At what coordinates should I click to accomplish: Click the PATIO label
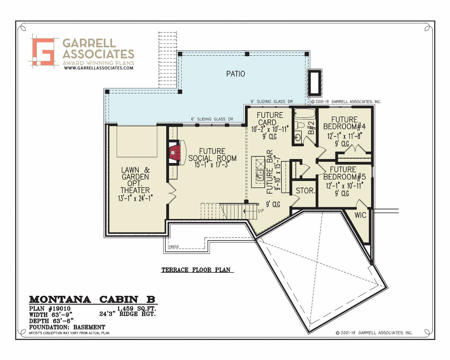pyautogui.click(x=235, y=74)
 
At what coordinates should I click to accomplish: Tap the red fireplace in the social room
pyautogui.click(x=175, y=153)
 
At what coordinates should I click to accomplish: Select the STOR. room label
pyautogui.click(x=305, y=191)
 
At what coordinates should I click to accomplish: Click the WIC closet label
pyautogui.click(x=360, y=215)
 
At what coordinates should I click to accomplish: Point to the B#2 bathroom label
pyautogui.click(x=311, y=127)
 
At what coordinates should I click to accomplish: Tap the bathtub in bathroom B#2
pyautogui.click(x=305, y=114)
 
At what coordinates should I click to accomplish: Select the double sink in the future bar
pyautogui.click(x=259, y=175)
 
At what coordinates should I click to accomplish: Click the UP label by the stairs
pyautogui.click(x=261, y=211)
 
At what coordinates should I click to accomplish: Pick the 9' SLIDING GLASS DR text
pyautogui.click(x=272, y=102)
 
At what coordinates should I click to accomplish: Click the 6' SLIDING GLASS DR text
pyautogui.click(x=212, y=119)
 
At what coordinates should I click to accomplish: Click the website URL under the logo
pyautogui.click(x=99, y=68)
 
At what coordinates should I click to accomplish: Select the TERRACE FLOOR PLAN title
pyautogui.click(x=196, y=270)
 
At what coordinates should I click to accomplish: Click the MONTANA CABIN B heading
pyautogui.click(x=92, y=300)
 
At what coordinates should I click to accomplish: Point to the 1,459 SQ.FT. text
pyautogui.click(x=136, y=309)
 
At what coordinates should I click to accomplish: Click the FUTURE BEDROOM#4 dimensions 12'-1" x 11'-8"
pyautogui.click(x=345, y=136)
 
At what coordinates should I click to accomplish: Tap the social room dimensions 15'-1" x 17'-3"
pyautogui.click(x=212, y=165)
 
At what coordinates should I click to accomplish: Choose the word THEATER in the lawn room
pyautogui.click(x=135, y=190)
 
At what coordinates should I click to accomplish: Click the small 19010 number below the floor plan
pyautogui.click(x=174, y=247)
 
